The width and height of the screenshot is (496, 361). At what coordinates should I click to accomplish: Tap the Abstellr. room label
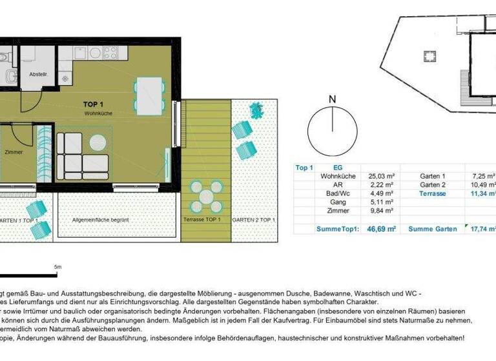[38, 74]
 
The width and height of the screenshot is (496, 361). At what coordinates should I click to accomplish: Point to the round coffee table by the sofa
[98, 142]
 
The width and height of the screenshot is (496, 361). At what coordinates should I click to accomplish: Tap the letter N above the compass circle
[332, 99]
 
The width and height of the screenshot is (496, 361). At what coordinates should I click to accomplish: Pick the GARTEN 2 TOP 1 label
[254, 220]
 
